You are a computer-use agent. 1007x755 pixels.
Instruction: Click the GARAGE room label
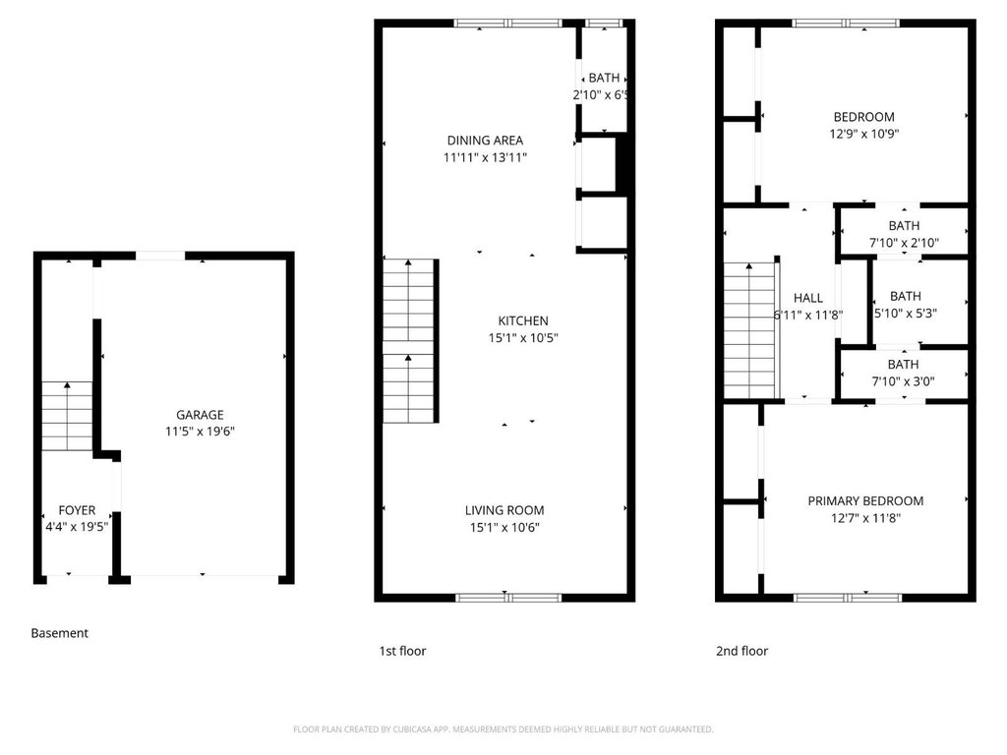(200, 415)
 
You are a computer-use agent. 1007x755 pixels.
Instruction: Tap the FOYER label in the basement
(77, 510)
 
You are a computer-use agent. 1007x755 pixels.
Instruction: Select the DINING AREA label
(485, 140)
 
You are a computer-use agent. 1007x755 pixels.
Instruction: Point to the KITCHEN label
(523, 321)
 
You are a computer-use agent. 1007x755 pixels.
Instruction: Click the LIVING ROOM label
(504, 510)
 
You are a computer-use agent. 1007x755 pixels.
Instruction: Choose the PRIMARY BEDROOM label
(865, 500)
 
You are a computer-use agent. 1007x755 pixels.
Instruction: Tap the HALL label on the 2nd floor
(808, 298)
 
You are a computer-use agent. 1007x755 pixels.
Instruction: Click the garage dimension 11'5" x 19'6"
(200, 432)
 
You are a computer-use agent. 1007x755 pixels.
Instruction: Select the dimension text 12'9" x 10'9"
(864, 134)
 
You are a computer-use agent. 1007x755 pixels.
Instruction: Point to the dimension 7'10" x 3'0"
(903, 381)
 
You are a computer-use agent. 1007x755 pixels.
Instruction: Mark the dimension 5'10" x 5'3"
(906, 314)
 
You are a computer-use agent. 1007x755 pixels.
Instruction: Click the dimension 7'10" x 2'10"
(905, 243)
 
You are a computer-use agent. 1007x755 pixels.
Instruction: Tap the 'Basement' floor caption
(60, 633)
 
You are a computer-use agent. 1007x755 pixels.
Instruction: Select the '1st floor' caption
(402, 651)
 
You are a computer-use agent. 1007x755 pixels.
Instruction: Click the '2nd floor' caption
(741, 651)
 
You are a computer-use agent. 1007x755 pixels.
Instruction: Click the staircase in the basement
(68, 416)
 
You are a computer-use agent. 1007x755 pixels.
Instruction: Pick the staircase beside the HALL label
(750, 330)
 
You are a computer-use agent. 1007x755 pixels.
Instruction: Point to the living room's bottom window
(508, 598)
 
